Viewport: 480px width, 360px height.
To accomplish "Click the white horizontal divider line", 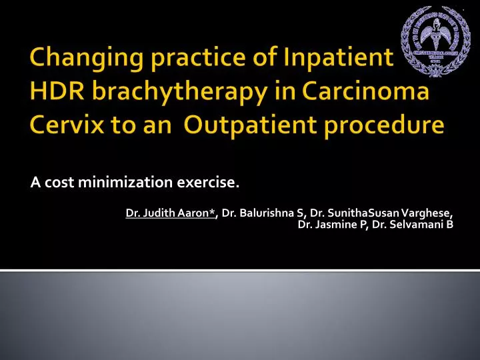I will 240,270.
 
